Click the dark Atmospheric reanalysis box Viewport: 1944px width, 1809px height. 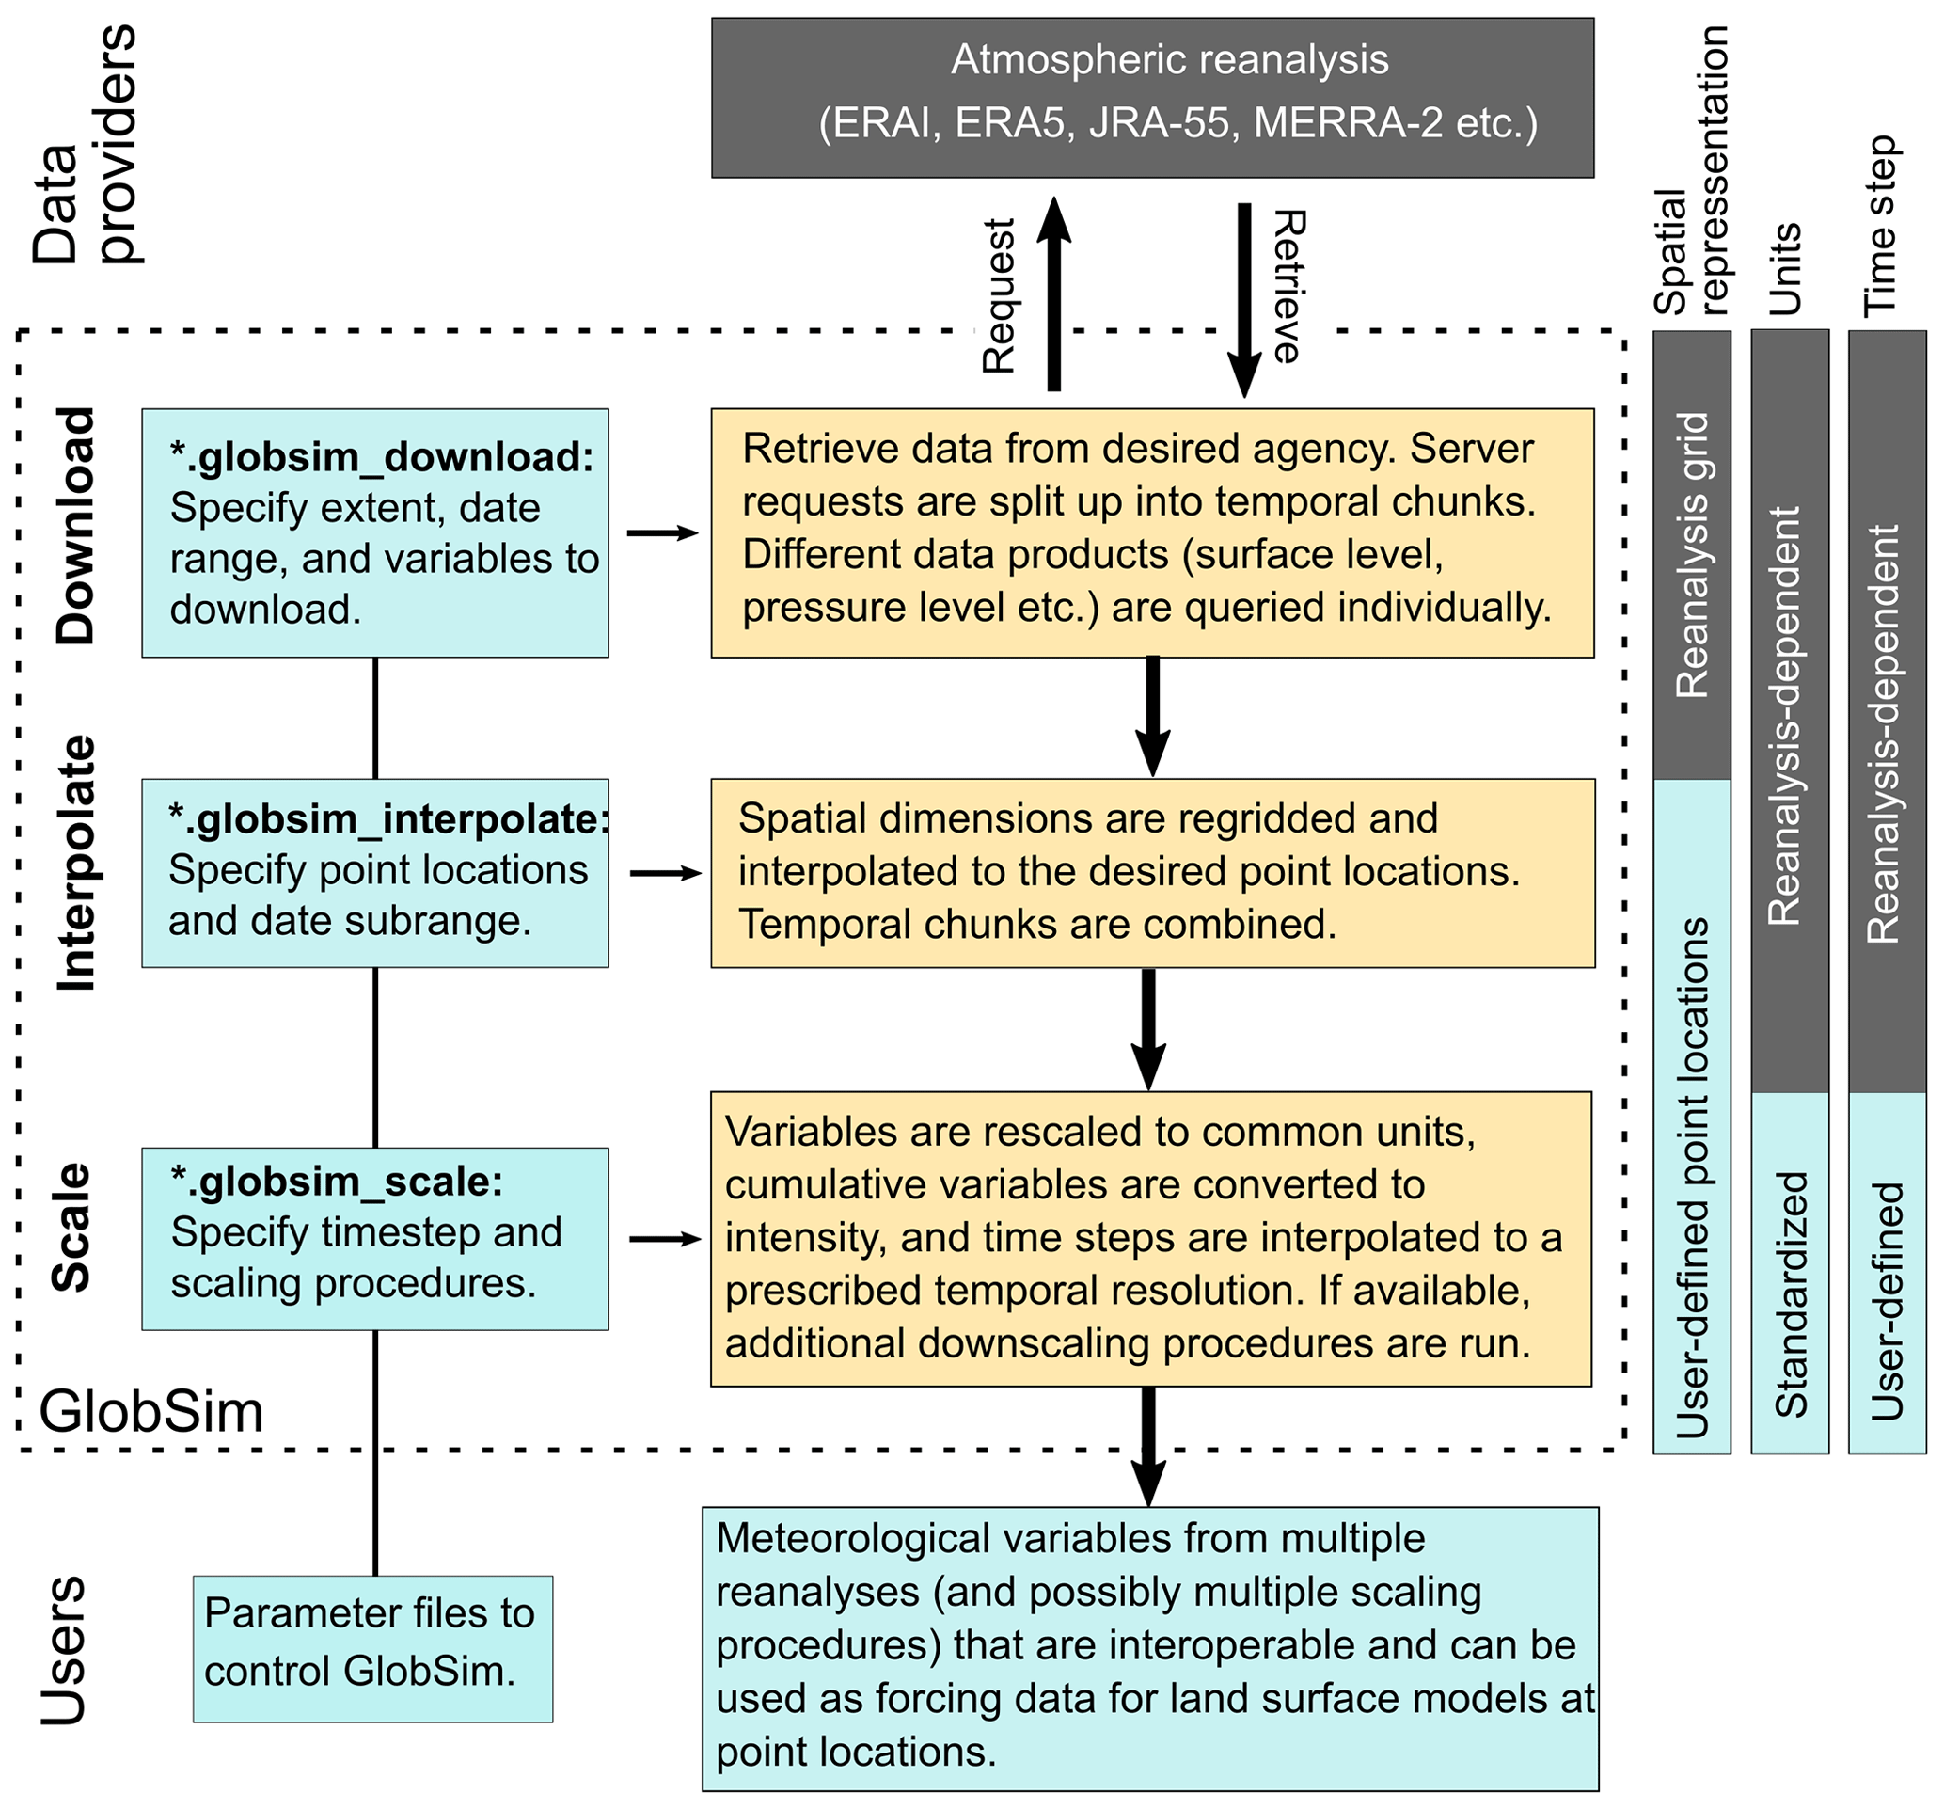tap(1152, 97)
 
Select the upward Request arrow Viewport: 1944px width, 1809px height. tap(1053, 294)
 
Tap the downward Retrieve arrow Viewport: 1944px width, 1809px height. tap(1244, 298)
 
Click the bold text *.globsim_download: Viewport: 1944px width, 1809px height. tap(381, 456)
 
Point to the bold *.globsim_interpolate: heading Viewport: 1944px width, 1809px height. tap(388, 819)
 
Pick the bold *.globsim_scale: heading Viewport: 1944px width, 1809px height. tap(337, 1182)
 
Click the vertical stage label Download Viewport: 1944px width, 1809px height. tap(75, 525)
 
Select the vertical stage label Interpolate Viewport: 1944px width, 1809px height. tap(75, 864)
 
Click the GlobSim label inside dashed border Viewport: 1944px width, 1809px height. tap(151, 1412)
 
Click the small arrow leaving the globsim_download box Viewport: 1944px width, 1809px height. tap(662, 533)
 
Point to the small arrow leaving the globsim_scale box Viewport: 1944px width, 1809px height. tap(664, 1239)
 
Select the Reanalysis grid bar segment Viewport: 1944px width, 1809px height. tap(1692, 554)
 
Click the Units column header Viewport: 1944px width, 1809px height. tap(1786, 269)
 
